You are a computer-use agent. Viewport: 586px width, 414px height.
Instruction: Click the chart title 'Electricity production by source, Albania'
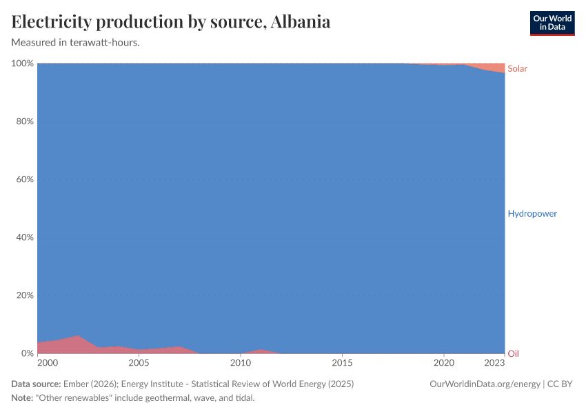[x=171, y=21]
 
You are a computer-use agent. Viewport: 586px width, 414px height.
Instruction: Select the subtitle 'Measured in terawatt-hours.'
[x=76, y=42]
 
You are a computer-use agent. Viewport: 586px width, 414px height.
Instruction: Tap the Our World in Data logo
[x=552, y=23]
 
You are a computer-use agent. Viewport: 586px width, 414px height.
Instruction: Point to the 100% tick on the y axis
[x=23, y=63]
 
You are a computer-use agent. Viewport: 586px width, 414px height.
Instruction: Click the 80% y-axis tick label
[x=25, y=121]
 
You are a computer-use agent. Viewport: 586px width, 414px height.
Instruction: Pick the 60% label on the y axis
[x=25, y=179]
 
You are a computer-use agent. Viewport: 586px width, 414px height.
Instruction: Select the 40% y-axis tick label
[x=25, y=237]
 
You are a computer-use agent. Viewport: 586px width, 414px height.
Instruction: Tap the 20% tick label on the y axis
[x=25, y=295]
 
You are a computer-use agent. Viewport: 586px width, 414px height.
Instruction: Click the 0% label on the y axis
[x=28, y=353]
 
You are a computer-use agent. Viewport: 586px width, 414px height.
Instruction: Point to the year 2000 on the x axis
[x=47, y=363]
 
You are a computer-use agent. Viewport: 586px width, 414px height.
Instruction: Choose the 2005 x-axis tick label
[x=139, y=363]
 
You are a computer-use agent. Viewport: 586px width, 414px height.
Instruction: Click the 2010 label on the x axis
[x=240, y=363]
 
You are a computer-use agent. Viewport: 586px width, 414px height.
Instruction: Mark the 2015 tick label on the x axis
[x=342, y=363]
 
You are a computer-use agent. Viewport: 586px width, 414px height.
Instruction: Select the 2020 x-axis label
[x=443, y=363]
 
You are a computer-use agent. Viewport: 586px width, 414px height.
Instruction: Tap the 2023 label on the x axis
[x=494, y=363]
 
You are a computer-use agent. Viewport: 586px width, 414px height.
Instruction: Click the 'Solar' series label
[x=517, y=68]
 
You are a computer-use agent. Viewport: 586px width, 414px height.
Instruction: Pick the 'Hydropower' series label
[x=532, y=213]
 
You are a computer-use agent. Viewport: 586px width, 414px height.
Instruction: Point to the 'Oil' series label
[x=513, y=353]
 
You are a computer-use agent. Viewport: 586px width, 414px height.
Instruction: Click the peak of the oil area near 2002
[x=78, y=337]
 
